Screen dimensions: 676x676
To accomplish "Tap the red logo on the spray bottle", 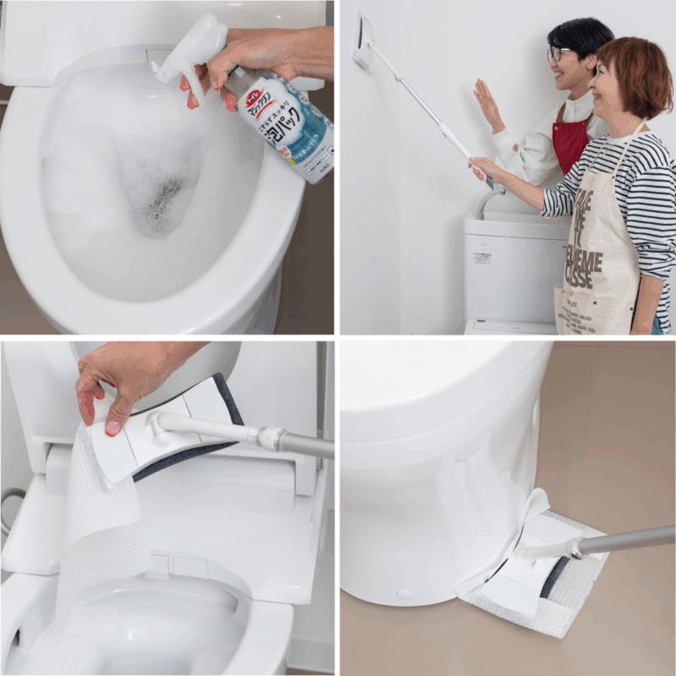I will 257,104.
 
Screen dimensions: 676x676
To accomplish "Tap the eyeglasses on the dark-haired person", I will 559,53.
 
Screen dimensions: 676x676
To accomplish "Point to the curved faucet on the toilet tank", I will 488,200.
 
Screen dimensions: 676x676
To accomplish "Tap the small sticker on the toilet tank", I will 482,258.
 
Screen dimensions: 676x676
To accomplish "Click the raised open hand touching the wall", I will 488,106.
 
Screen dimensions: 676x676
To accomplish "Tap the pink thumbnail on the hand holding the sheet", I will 112,428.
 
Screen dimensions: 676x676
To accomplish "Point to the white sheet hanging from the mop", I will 101,507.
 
